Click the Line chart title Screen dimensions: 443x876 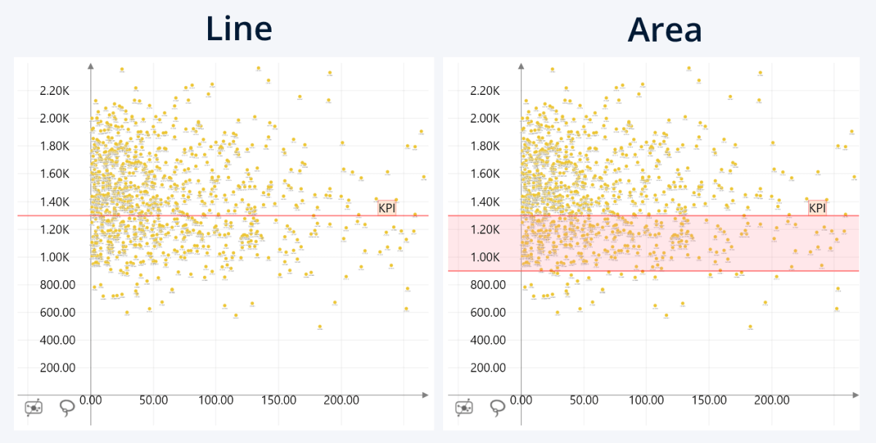click(239, 29)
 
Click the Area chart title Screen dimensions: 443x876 click(664, 29)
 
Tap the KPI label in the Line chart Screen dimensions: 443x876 click(387, 208)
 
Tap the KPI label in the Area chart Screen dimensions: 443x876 click(817, 208)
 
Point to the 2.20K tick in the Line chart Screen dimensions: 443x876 click(55, 90)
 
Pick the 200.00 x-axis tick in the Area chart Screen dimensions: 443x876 click(772, 400)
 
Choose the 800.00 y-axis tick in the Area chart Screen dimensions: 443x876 click(487, 285)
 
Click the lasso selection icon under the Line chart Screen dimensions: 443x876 click(67, 407)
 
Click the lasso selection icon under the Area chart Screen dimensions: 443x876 click(498, 407)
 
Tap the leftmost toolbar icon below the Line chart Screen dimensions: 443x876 click(34, 407)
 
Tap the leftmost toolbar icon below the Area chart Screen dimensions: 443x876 click(464, 407)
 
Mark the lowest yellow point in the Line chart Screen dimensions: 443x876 click(320, 326)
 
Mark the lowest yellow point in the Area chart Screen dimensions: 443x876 click(750, 326)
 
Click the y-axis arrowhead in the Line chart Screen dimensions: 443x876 click(91, 66)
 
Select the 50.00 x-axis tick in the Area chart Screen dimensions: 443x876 click(583, 400)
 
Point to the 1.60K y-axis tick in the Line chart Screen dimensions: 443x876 click(55, 174)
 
